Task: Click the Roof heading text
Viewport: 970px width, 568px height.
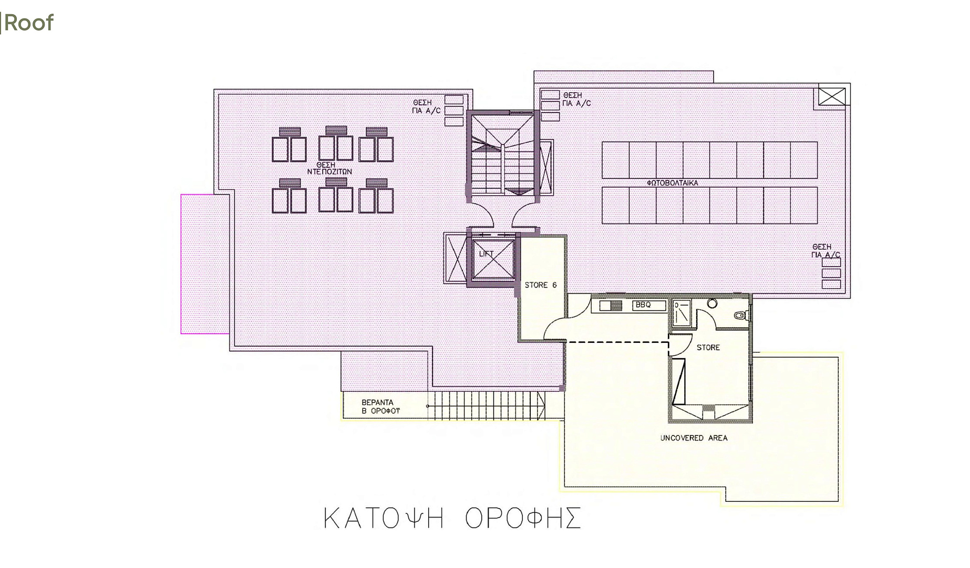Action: click(28, 23)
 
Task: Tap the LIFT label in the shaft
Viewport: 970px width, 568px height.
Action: click(486, 254)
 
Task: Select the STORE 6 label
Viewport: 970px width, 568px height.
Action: click(540, 285)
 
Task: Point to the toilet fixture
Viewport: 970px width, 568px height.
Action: click(742, 316)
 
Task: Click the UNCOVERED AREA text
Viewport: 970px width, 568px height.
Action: click(694, 438)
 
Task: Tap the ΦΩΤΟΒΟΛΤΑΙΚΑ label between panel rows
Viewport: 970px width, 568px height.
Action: click(673, 182)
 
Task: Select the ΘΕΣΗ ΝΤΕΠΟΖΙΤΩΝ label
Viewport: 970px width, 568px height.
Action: click(329, 168)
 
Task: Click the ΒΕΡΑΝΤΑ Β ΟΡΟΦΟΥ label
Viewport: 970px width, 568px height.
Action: click(380, 407)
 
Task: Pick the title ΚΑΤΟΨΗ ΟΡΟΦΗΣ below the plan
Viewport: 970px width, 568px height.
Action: click(452, 518)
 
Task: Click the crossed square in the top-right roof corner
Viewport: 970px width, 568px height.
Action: click(832, 97)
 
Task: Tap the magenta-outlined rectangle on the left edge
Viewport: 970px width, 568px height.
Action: click(205, 263)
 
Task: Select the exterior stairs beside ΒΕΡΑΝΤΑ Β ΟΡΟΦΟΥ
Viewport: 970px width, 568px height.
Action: click(487, 405)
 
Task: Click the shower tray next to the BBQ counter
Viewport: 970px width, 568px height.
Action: click(682, 313)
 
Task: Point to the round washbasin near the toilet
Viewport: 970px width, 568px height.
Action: click(712, 303)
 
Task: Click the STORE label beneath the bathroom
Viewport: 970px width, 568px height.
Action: click(708, 347)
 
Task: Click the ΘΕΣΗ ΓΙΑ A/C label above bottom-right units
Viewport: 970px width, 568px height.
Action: click(825, 250)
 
